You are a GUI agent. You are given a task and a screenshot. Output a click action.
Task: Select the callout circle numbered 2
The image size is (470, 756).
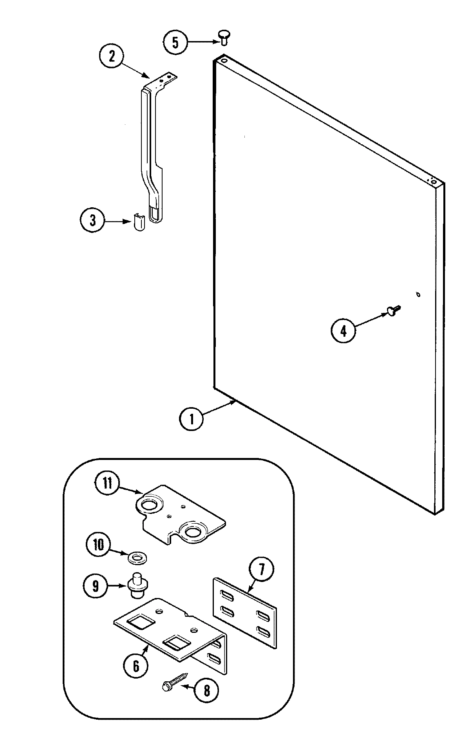click(x=112, y=57)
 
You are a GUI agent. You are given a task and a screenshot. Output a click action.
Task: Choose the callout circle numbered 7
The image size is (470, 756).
click(x=261, y=570)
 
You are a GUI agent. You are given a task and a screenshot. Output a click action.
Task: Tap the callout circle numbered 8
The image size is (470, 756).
click(x=206, y=691)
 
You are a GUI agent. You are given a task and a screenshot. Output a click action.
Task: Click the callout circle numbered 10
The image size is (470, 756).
click(x=99, y=544)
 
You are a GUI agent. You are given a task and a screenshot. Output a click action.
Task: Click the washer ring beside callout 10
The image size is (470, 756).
click(x=137, y=557)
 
